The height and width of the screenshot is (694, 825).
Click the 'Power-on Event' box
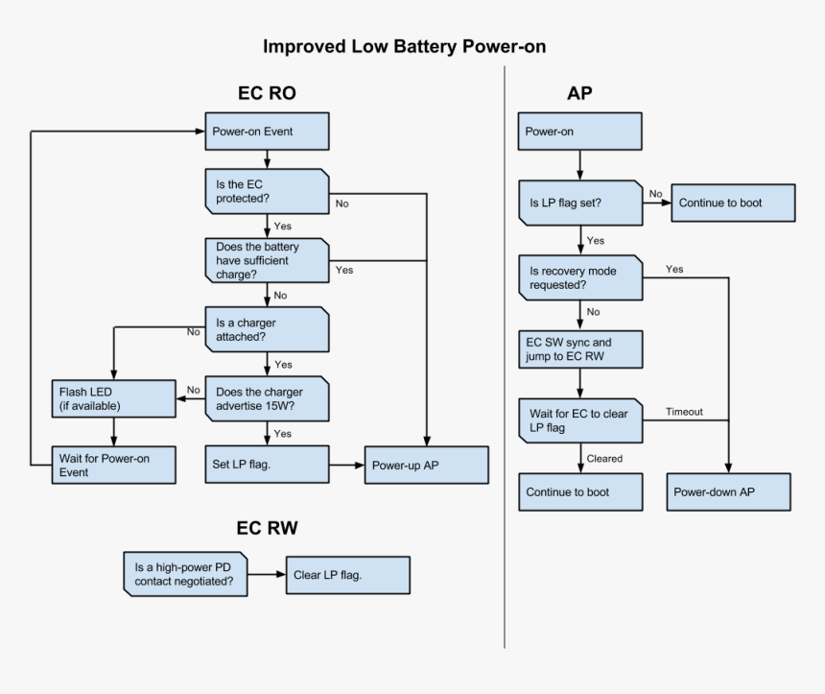point(268,132)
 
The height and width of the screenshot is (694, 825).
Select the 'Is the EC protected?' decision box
point(268,191)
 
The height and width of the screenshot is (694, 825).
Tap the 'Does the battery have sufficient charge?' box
point(268,259)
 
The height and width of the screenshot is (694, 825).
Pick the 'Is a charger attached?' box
point(268,329)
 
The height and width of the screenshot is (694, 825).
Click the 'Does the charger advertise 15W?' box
point(268,398)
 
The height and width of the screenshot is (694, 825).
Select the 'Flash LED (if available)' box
point(113,398)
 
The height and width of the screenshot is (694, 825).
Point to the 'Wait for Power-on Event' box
point(113,465)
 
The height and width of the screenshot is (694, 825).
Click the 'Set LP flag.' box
point(268,465)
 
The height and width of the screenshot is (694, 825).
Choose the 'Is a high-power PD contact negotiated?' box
point(186,573)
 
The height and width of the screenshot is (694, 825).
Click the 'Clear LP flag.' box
point(347,574)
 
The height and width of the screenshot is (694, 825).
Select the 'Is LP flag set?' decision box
point(580,203)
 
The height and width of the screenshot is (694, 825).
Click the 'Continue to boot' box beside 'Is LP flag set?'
point(733,203)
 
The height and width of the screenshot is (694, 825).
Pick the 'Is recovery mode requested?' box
point(580,278)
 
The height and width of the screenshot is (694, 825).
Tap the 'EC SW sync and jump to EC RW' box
point(580,348)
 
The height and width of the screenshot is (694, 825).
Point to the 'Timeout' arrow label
point(685,412)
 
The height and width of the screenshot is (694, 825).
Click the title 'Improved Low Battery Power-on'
point(405,46)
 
